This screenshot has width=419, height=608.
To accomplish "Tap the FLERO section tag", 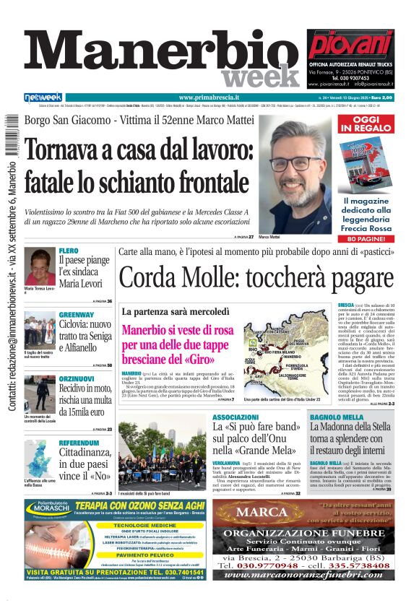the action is coord(69,251).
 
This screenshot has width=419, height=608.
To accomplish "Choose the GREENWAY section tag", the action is coord(76,315).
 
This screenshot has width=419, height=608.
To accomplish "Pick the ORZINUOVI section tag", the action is coord(77,378).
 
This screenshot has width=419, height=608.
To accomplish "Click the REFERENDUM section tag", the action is coord(79,443).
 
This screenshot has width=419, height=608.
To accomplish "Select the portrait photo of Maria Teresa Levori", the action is coord(40,267).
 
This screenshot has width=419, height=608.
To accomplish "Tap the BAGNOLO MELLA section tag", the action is coord(335,417).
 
